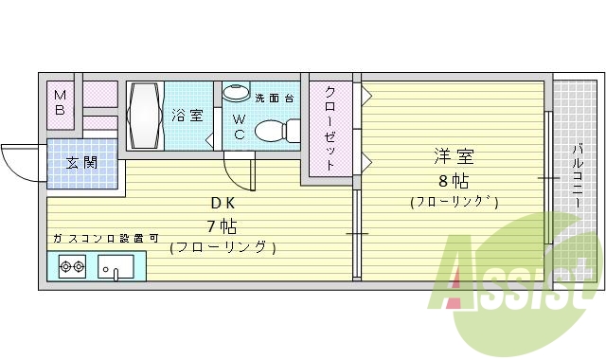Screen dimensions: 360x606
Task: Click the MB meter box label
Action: coord(60,101)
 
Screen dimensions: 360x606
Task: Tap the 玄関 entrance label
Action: coord(81,162)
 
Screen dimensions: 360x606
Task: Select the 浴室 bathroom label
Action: coord(187,116)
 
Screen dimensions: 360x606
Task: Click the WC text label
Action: coord(239,127)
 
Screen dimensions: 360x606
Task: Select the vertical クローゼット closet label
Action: coord(330,129)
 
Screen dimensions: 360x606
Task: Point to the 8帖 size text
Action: coord(454,180)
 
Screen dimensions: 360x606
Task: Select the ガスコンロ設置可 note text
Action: coord(106,239)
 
